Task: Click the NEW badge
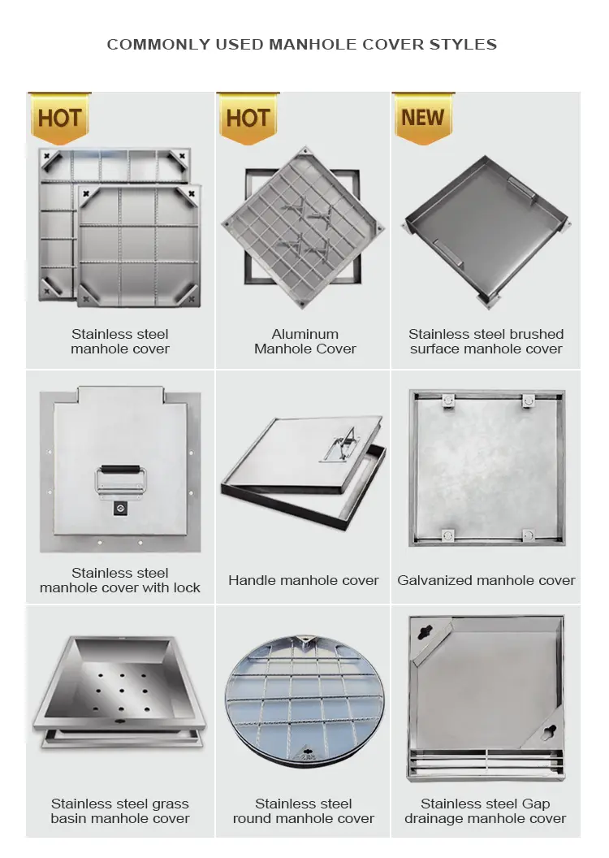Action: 422,118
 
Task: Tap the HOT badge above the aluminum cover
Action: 248,118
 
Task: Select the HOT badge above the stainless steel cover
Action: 59,118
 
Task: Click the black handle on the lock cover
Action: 121,470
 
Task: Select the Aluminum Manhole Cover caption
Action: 304,341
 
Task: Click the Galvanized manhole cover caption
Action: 486,580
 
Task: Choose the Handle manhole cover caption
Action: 303,580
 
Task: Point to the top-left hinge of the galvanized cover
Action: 445,401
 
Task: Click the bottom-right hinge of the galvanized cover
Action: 529,535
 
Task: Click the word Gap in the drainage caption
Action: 536,804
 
